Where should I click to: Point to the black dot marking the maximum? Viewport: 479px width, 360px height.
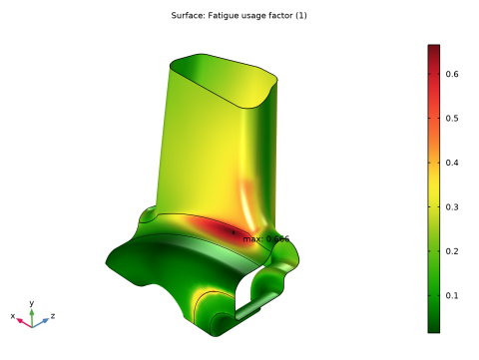(234, 232)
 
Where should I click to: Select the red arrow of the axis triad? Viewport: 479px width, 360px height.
(22, 321)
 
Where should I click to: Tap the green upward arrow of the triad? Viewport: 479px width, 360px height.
(32, 313)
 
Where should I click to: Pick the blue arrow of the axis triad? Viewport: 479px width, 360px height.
(43, 321)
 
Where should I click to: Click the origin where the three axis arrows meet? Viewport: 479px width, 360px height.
(32, 324)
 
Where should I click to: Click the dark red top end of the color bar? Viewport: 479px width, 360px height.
(433, 52)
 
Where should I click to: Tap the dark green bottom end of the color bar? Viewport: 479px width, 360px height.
(433, 324)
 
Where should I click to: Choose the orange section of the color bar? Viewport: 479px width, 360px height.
(433, 150)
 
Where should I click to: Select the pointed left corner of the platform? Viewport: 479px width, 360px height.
(108, 264)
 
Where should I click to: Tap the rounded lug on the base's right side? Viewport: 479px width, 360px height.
(269, 282)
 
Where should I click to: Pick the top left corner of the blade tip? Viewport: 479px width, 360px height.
(173, 66)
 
